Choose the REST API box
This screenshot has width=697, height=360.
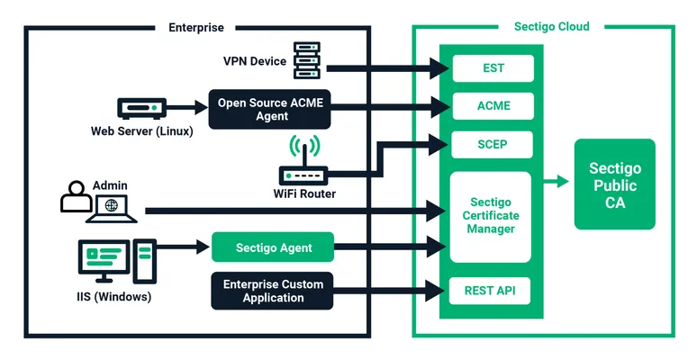[492, 291]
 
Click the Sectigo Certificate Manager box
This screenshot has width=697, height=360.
[492, 216]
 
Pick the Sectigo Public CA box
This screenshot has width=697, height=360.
[614, 185]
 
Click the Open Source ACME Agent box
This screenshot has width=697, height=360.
[271, 109]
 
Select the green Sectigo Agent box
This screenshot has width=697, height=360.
[273, 247]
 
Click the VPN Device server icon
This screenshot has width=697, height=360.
[307, 60]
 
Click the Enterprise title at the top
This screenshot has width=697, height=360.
[196, 27]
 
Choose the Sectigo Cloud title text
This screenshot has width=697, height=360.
[551, 27]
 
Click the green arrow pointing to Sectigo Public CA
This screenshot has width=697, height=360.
[557, 182]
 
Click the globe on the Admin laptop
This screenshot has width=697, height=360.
[111, 206]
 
